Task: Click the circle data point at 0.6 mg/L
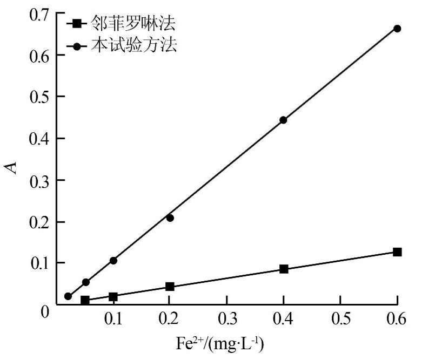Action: pyautogui.click(x=397, y=28)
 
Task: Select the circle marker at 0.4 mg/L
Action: pyautogui.click(x=283, y=120)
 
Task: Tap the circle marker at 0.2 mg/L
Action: pyautogui.click(x=170, y=218)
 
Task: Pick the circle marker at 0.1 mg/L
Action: pyautogui.click(x=113, y=261)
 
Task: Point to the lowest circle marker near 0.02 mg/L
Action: pyautogui.click(x=68, y=296)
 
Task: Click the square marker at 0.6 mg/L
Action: pyautogui.click(x=397, y=252)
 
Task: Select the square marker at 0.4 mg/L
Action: pyautogui.click(x=284, y=269)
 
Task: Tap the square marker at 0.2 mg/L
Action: pyautogui.click(x=170, y=286)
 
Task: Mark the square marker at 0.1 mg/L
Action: pyautogui.click(x=113, y=296)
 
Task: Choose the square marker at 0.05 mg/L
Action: pyautogui.click(x=85, y=300)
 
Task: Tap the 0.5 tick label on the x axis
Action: pyautogui.click(x=340, y=320)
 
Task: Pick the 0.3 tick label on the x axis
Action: pyautogui.click(x=226, y=320)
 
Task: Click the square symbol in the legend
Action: pyautogui.click(x=77, y=24)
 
